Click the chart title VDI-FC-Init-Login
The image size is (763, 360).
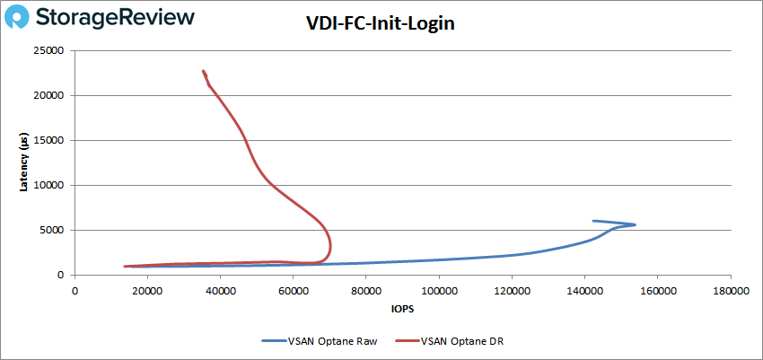coord(381,24)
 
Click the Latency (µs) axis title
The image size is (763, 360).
coord(25,162)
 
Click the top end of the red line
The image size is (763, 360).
coord(204,71)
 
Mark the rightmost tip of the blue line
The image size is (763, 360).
coord(636,224)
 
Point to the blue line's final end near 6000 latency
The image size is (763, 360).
coord(592,221)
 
